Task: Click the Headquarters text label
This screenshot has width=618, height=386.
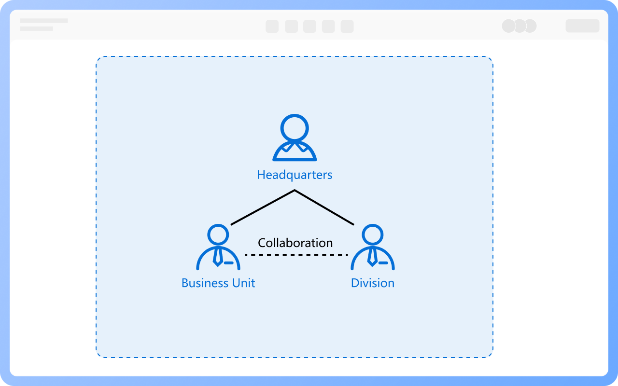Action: point(295,175)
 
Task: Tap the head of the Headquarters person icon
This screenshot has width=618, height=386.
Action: point(295,128)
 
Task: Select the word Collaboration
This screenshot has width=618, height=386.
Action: point(295,243)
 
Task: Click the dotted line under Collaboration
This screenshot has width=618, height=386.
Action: point(296,254)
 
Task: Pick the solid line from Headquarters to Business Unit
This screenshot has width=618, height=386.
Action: point(263,207)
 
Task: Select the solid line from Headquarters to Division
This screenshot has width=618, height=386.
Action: point(324,207)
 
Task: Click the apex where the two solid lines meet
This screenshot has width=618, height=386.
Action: point(295,191)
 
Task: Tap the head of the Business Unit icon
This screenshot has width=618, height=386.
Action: point(218,235)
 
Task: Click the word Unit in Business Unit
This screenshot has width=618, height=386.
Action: point(243,283)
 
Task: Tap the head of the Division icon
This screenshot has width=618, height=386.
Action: point(372,235)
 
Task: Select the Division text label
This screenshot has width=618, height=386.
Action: point(372,283)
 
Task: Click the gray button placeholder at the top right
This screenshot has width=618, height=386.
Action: point(582,26)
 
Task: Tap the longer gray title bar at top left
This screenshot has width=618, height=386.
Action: point(44,21)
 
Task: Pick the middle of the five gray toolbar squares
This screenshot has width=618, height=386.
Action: point(309,27)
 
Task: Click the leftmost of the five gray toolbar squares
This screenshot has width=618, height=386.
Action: point(272,27)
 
